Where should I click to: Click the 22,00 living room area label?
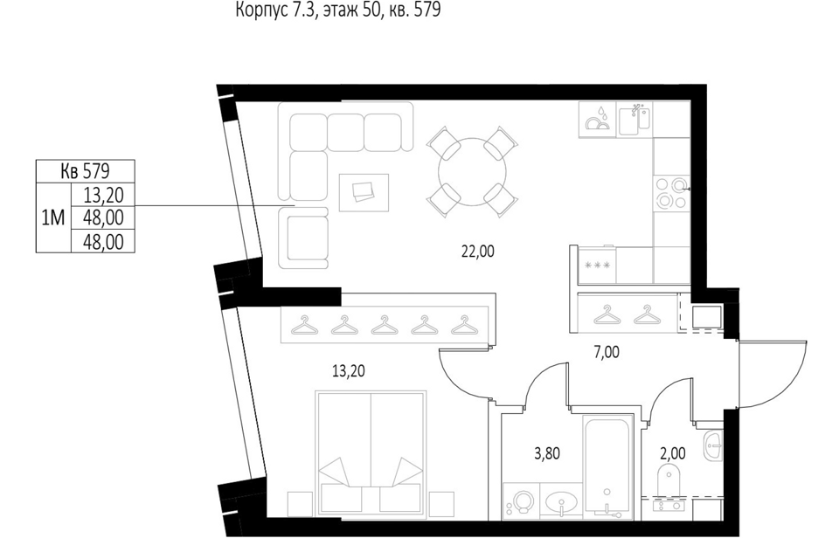pos(478,251)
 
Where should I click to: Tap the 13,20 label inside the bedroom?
pos(349,370)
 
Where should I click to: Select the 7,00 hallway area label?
pos(607,352)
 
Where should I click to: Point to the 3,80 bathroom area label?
pos(547,453)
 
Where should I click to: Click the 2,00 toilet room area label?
pos(673,453)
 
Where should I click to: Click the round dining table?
pos(472,172)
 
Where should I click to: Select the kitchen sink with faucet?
pos(634,120)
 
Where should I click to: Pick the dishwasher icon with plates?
pos(598,120)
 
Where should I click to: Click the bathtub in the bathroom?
pos(607,466)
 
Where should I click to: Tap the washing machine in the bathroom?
pos(522,501)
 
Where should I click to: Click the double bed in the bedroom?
pos(372,453)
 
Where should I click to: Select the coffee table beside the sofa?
pos(364,192)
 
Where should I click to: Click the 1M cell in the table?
pos(53,217)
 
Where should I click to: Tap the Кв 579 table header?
pos(85,171)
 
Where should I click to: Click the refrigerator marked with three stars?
pos(597,265)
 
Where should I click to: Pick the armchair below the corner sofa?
pos(303,238)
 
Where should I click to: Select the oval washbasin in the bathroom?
pos(561,502)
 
